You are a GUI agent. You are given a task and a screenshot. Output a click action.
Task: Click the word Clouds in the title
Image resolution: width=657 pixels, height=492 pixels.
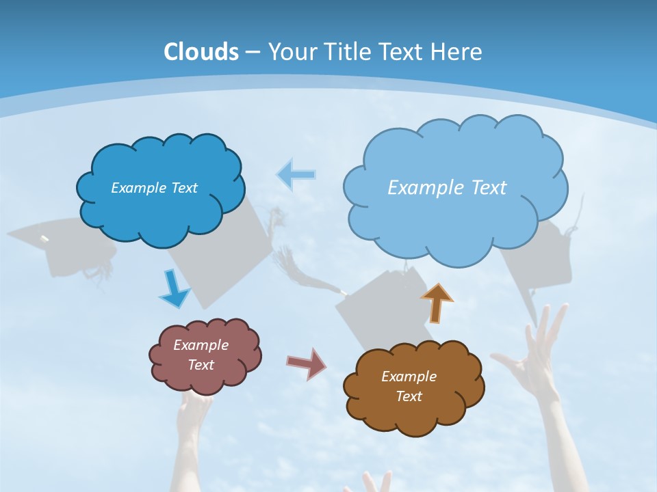tap(201, 52)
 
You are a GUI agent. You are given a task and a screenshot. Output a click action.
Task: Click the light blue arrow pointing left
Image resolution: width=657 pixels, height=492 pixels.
tap(296, 175)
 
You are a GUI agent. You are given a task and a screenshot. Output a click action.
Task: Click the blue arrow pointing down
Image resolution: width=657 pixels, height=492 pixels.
tap(174, 289)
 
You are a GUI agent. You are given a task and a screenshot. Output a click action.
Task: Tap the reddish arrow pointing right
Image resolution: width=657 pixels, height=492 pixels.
tap(306, 363)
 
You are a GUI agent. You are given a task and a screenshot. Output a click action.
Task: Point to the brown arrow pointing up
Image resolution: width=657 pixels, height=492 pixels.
tap(437, 303)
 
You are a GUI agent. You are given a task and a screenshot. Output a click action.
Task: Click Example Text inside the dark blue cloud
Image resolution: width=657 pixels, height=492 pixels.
tap(154, 188)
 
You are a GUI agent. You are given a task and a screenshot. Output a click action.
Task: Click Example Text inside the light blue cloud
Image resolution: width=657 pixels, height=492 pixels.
tap(447, 188)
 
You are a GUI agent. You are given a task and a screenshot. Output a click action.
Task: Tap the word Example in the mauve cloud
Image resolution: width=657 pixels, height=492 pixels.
tap(201, 345)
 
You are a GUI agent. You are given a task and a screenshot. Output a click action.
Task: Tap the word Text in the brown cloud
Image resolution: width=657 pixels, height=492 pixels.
tap(409, 396)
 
